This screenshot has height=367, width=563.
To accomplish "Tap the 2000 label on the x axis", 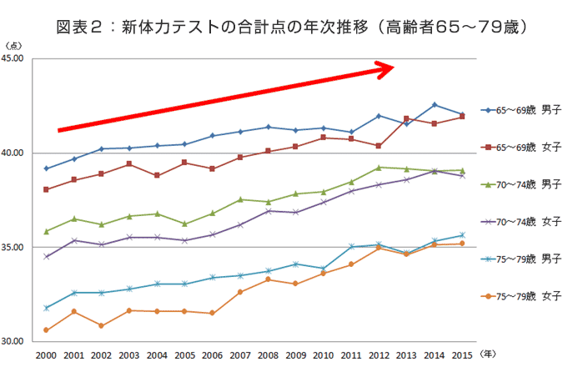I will [x=46, y=356].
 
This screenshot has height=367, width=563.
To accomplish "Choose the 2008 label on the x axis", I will [x=268, y=356].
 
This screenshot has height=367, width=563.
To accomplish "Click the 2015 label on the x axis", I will [x=462, y=356].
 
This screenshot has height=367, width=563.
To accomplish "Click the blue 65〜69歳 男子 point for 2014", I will [x=435, y=105].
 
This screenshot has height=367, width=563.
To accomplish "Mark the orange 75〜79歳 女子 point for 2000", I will [x=46, y=330].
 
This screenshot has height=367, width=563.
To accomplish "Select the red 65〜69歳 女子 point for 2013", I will [x=406, y=118].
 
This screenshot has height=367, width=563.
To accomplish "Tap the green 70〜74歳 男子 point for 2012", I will [x=379, y=168].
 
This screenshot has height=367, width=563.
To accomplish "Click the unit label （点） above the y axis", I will [x=14, y=45].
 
